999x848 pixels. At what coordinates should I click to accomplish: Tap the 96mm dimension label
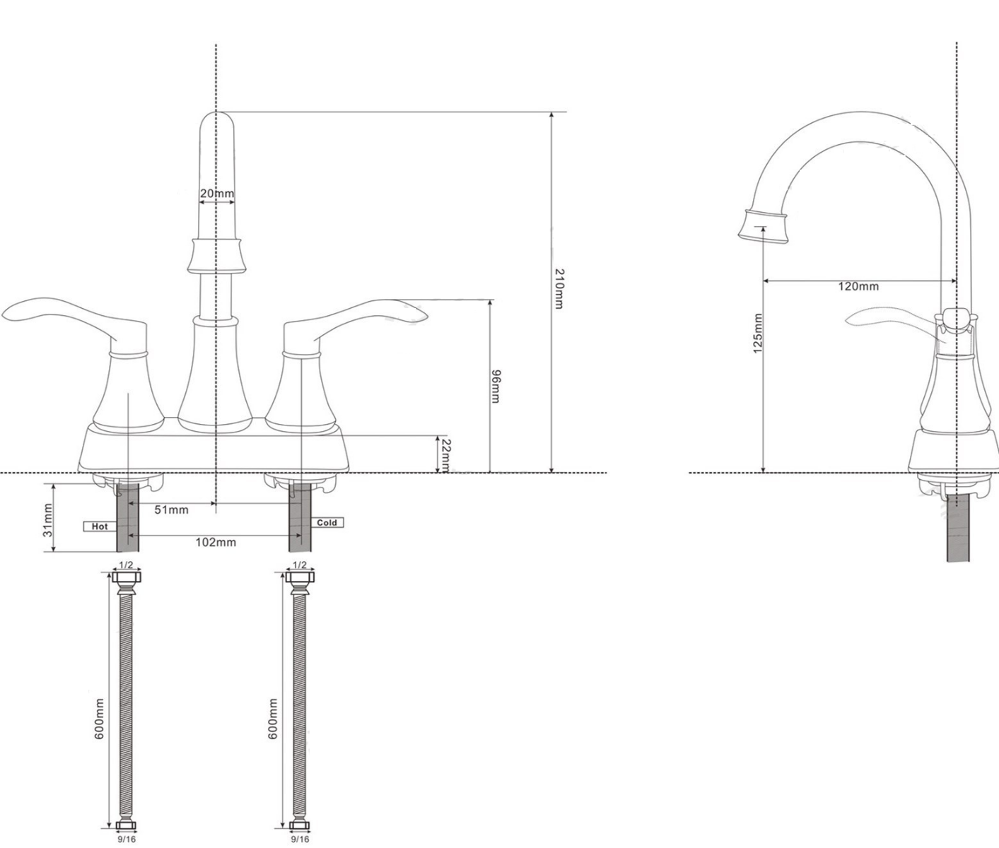pos(496,386)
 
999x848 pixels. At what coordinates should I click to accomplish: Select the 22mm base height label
pos(445,456)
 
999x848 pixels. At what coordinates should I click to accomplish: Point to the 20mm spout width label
pos(216,193)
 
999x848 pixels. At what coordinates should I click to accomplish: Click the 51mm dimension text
pos(172,510)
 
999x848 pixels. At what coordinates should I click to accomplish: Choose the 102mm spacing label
pos(216,543)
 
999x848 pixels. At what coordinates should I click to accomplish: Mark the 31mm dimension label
pos(48,519)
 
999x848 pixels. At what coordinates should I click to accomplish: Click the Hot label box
pos(99,526)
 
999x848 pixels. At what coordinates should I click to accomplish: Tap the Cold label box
pos(327,523)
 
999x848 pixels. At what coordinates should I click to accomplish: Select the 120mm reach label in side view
pos(858,286)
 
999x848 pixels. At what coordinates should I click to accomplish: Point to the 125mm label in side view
pos(757,333)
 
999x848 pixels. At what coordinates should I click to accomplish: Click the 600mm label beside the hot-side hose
pos(100,719)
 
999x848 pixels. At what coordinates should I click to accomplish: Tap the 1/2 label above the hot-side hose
pos(126,565)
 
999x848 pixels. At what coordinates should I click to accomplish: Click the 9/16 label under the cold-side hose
pos(300,840)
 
